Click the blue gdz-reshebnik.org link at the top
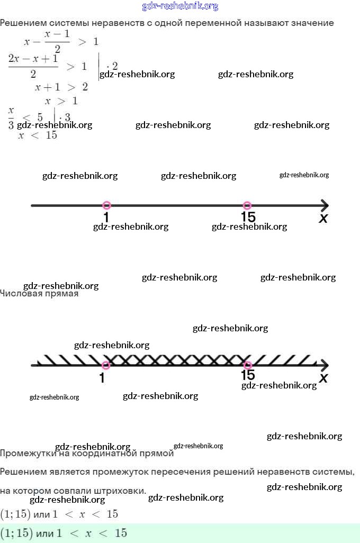point(180,6)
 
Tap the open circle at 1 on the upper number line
point(106,205)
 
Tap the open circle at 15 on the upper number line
point(247,205)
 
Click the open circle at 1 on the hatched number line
point(106,365)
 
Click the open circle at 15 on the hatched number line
point(247,365)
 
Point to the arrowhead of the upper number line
point(325,205)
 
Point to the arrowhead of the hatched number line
point(325,365)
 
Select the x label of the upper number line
point(323,218)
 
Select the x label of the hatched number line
point(323,378)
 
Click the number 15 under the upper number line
point(248,217)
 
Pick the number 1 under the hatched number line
point(102,378)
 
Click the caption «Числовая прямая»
point(39,294)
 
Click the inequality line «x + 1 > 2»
point(61,87)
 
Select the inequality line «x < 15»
point(38,135)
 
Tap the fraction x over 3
point(11,117)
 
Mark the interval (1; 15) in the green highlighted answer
point(15,533)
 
